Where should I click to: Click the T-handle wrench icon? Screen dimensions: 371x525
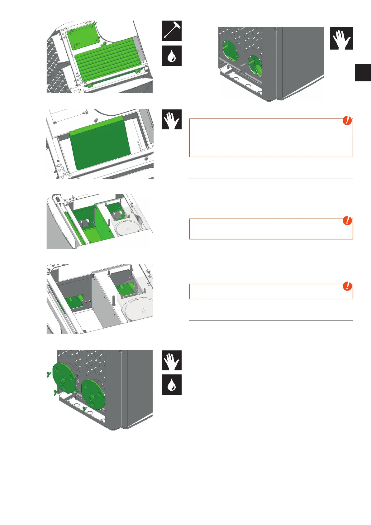pyautogui.click(x=171, y=31)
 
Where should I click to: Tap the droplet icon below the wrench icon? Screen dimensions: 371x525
pyautogui.click(x=171, y=56)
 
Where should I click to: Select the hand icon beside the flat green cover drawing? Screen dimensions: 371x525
pyautogui.click(x=171, y=119)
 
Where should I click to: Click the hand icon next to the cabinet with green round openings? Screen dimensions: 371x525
pyautogui.click(x=341, y=38)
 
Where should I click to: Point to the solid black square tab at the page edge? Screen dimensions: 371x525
pyautogui.click(x=363, y=72)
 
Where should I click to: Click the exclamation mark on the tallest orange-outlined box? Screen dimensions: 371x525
pyautogui.click(x=347, y=121)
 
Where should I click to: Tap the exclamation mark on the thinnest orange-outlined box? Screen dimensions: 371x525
pyautogui.click(x=347, y=286)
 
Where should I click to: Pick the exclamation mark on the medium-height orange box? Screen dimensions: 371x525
pyautogui.click(x=347, y=221)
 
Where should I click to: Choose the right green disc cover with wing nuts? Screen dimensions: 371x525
pyautogui.click(x=93, y=394)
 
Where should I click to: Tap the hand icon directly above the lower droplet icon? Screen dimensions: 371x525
pyautogui.click(x=171, y=360)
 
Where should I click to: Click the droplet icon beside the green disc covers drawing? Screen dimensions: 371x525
pyautogui.click(x=171, y=385)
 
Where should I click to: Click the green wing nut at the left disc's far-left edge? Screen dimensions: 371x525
pyautogui.click(x=48, y=374)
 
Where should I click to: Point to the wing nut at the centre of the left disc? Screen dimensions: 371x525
pyautogui.click(x=64, y=381)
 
